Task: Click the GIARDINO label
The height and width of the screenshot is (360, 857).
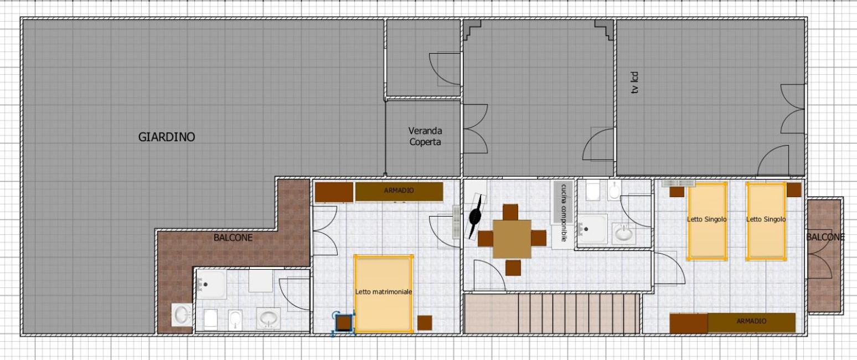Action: click(x=167, y=137)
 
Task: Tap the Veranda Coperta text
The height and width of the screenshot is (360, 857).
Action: click(x=425, y=136)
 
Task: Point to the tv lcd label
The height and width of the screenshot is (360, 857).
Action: click(x=634, y=83)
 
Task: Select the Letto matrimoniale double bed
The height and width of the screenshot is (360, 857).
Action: click(x=384, y=294)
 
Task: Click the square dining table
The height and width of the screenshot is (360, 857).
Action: click(x=512, y=239)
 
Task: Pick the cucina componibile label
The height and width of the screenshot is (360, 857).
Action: click(x=563, y=213)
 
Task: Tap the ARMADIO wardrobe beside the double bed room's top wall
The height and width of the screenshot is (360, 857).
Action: click(x=399, y=192)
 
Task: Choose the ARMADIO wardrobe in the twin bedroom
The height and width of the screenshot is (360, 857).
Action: click(x=751, y=322)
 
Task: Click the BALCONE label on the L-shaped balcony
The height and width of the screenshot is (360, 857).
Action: click(x=233, y=238)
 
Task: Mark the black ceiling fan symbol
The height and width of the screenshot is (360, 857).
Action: click(x=476, y=217)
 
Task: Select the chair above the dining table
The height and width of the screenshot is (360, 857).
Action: click(x=510, y=212)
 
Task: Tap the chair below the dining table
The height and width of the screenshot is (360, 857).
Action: click(x=513, y=268)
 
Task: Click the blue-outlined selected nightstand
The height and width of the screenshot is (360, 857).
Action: click(x=344, y=323)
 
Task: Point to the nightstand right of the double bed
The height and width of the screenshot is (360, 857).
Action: click(x=425, y=323)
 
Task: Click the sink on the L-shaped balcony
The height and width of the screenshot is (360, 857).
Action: click(x=182, y=315)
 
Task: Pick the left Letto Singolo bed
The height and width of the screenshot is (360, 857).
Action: click(x=707, y=222)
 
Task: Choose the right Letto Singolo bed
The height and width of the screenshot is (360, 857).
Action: click(x=766, y=222)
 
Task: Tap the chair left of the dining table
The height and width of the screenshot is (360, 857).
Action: click(x=486, y=239)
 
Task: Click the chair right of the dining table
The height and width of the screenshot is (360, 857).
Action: click(x=539, y=238)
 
